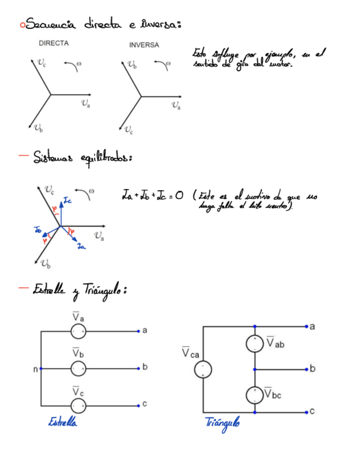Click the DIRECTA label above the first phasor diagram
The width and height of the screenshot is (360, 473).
coord(54,43)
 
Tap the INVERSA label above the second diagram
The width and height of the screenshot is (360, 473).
coord(144,45)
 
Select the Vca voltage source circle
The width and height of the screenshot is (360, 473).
coord(202,369)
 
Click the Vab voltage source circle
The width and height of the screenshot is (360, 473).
coord(255,343)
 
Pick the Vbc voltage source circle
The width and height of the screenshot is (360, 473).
coord(255,394)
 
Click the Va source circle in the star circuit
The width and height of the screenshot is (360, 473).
coord(79,332)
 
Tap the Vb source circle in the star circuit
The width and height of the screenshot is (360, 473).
coord(79,369)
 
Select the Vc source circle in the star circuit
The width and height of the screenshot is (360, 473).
coord(79,406)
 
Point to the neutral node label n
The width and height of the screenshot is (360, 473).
coord(35,369)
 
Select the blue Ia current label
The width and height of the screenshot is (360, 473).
coord(81,245)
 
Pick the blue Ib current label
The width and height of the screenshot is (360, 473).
coord(38,229)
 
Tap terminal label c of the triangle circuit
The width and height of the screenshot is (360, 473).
coord(312,411)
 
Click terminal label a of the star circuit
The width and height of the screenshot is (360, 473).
coord(145,331)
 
